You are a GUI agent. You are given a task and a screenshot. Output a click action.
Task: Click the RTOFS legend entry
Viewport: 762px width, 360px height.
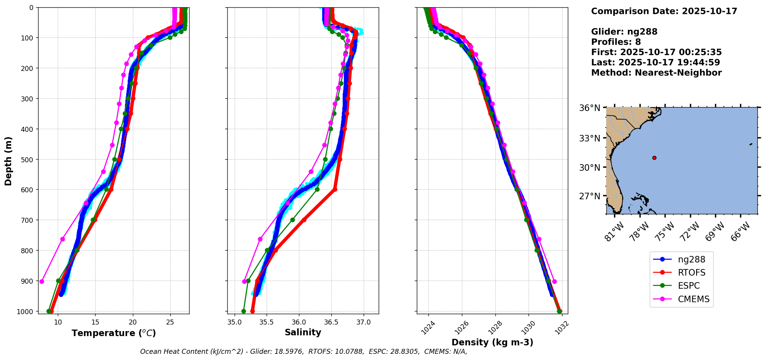(692, 273)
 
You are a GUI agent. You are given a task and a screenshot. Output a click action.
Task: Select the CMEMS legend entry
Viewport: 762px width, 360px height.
(693, 299)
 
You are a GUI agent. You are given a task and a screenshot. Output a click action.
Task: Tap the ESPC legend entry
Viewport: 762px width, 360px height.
(689, 286)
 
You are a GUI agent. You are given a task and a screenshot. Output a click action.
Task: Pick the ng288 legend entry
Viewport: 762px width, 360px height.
(692, 259)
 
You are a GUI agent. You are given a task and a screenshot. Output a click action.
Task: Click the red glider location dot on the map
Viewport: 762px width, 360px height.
(654, 158)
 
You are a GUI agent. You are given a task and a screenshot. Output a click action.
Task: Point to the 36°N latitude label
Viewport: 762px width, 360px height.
(589, 108)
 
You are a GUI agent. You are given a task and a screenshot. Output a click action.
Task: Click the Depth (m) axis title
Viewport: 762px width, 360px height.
(8, 161)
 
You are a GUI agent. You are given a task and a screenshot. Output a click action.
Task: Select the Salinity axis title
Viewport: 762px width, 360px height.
(303, 332)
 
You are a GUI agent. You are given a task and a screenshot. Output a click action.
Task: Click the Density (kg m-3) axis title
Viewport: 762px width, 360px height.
(492, 342)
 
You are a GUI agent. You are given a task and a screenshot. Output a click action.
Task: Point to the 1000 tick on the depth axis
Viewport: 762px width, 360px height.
(28, 311)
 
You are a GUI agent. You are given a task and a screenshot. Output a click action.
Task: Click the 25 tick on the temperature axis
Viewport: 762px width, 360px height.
(170, 322)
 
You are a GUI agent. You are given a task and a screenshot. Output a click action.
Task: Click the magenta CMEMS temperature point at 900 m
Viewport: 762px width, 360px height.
(42, 281)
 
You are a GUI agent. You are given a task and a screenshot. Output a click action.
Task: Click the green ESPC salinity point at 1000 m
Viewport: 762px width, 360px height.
(243, 311)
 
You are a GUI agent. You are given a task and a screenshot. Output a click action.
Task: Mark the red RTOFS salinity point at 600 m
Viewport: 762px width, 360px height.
(335, 189)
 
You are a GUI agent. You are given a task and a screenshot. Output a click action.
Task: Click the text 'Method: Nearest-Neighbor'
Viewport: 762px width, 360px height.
(656, 72)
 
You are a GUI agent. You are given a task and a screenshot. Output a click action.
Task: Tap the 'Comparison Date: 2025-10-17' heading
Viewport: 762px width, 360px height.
(664, 11)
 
